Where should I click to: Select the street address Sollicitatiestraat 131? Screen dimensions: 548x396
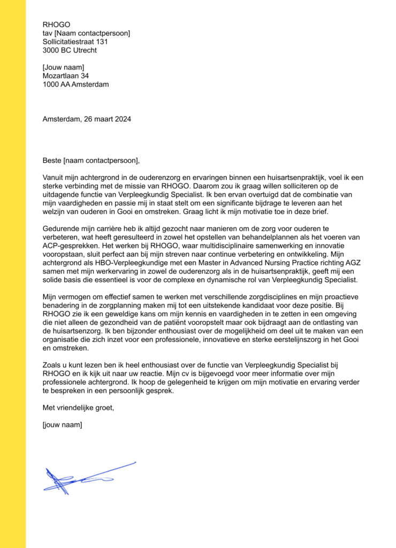tap(79, 42)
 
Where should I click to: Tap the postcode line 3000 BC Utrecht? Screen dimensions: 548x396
tap(70, 50)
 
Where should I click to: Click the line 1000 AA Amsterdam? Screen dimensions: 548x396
tap(75, 85)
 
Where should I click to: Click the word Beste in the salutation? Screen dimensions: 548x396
tap(52, 161)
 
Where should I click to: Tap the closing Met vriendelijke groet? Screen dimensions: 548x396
tap(78, 408)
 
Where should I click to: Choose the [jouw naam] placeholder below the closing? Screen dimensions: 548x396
tap(62, 425)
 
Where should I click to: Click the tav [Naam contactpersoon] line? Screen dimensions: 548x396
tap(86, 33)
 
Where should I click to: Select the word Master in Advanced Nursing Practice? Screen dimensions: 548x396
tap(242, 263)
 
